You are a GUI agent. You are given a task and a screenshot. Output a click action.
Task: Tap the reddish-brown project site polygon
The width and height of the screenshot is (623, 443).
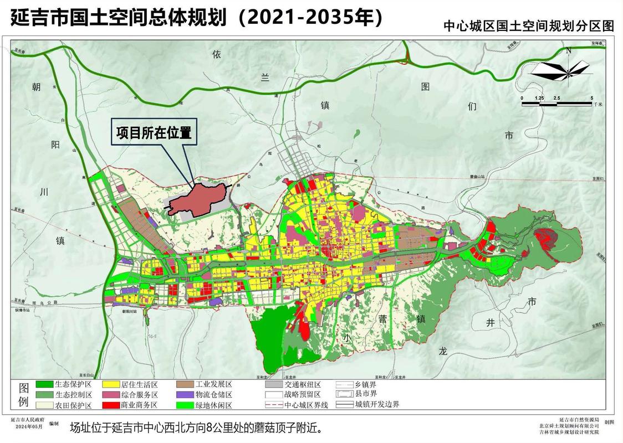[x=197, y=200]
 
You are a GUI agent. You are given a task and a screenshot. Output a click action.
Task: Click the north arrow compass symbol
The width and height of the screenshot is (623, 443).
[x=560, y=70]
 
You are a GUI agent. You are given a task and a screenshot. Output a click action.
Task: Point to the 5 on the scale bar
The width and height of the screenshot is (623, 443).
[x=591, y=97]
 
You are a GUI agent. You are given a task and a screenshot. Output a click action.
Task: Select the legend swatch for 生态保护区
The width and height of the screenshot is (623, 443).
[x=44, y=384]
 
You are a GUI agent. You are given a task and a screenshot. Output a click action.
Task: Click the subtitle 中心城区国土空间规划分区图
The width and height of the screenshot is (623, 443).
[x=529, y=26]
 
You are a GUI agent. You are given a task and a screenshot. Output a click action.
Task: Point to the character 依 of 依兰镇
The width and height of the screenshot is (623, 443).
[x=217, y=54]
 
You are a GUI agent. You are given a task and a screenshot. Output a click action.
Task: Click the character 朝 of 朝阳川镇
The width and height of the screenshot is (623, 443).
[x=37, y=87]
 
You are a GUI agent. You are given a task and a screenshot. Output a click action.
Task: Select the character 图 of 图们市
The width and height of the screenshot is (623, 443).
[x=426, y=86]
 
